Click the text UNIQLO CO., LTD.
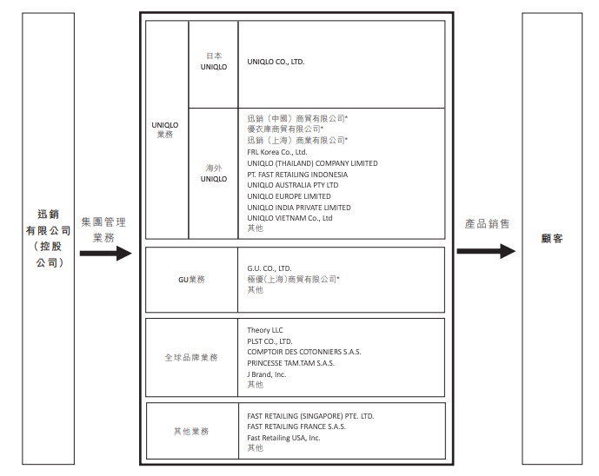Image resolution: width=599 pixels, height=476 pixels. [276, 62]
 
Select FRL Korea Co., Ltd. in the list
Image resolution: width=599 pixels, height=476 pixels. [277, 152]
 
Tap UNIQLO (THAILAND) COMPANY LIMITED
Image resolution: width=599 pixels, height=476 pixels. [312, 163]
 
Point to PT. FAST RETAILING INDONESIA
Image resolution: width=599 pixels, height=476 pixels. [297, 175]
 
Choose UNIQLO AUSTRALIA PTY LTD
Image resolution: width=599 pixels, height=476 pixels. [293, 185]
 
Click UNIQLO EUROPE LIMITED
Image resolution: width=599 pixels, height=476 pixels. [289, 196]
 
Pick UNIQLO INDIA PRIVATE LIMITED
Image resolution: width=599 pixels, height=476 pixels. [299, 208]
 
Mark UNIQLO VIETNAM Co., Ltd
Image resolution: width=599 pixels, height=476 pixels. [290, 218]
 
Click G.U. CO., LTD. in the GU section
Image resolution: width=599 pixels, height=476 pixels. [269, 268]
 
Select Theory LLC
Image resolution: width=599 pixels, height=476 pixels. [265, 330]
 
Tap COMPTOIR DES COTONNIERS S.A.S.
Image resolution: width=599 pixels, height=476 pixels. [303, 352]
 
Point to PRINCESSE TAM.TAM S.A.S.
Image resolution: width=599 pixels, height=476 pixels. [290, 363]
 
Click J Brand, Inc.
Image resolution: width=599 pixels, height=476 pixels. [266, 374]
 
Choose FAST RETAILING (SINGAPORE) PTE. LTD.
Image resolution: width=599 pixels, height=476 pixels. [310, 416]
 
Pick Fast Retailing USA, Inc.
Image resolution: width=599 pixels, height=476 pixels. [283, 438]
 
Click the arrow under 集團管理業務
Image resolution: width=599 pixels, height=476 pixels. [106, 254]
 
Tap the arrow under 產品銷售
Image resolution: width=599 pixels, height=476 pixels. [486, 251]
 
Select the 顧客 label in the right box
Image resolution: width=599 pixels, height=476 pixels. [552, 239]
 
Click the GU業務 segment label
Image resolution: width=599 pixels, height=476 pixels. [191, 280]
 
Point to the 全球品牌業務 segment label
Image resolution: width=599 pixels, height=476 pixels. [191, 357]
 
